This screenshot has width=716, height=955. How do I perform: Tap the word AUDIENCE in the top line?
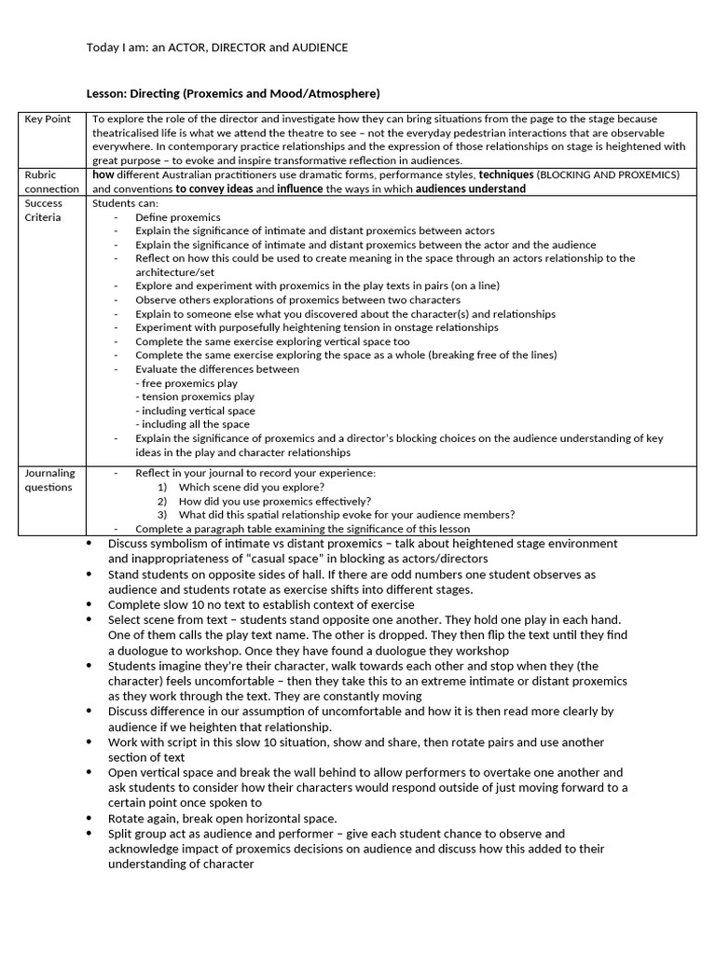point(318,48)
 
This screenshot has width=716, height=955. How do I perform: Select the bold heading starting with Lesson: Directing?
point(233,93)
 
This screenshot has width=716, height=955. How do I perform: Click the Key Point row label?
point(48,119)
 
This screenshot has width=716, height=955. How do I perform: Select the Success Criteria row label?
point(44,210)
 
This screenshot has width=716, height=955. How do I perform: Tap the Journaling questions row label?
point(50,479)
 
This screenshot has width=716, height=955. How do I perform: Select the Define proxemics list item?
point(177,217)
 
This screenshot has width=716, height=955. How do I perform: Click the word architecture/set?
point(174,272)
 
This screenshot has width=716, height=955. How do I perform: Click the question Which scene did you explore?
point(252,487)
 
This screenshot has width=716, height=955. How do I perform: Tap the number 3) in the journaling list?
point(162,515)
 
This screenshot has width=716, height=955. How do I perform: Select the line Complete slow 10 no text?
point(261,605)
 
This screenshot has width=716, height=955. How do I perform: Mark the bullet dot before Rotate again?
point(89,818)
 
